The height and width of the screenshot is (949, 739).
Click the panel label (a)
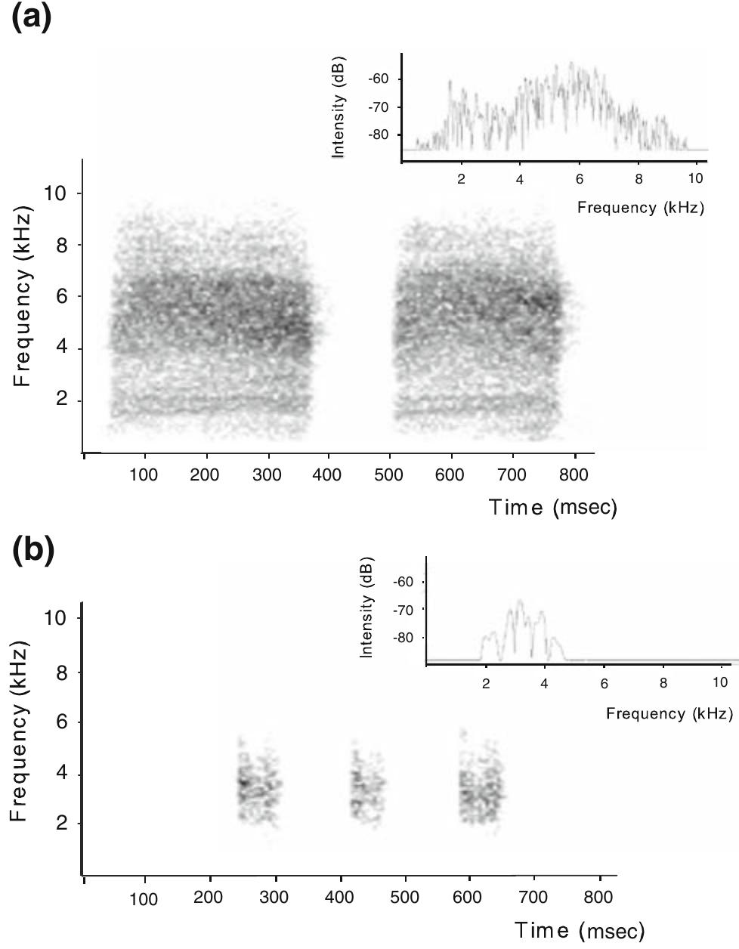pos(32,17)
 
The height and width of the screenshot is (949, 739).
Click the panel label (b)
pos(33,551)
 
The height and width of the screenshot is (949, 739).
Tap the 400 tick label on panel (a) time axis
pos(327,474)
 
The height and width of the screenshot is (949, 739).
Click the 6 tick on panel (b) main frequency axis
pos(57,722)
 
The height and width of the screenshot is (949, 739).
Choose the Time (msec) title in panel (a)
pos(552,507)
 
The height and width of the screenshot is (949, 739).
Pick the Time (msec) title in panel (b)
pos(580,930)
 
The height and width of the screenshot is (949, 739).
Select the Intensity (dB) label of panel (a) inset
pos(339,107)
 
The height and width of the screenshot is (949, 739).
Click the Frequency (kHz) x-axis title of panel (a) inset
pos(640,207)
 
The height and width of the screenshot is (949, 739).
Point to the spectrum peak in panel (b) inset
pos(519,601)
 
